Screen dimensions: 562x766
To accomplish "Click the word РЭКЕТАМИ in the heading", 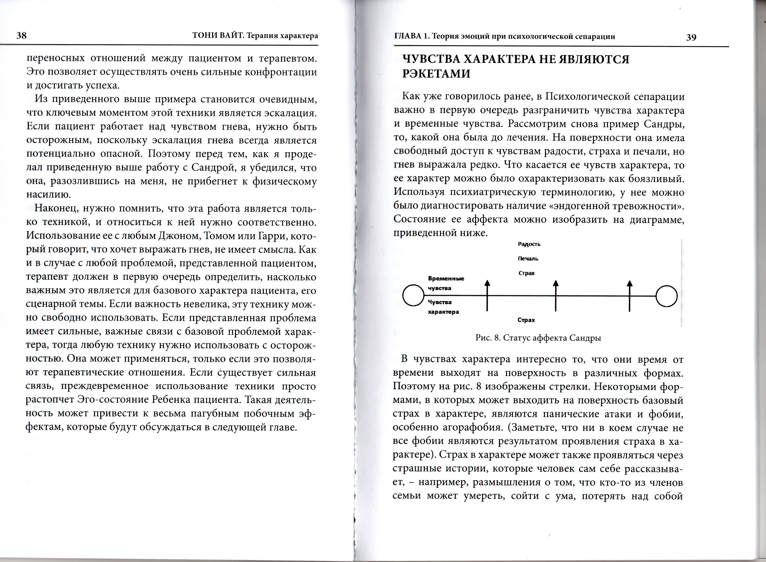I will tap(436, 73).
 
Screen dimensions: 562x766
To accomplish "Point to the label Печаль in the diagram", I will tap(528, 259).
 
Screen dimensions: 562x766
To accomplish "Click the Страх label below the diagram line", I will tap(526, 320).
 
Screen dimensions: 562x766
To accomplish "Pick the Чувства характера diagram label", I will tap(443, 307).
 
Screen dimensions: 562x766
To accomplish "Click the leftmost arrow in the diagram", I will tap(487, 295).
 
